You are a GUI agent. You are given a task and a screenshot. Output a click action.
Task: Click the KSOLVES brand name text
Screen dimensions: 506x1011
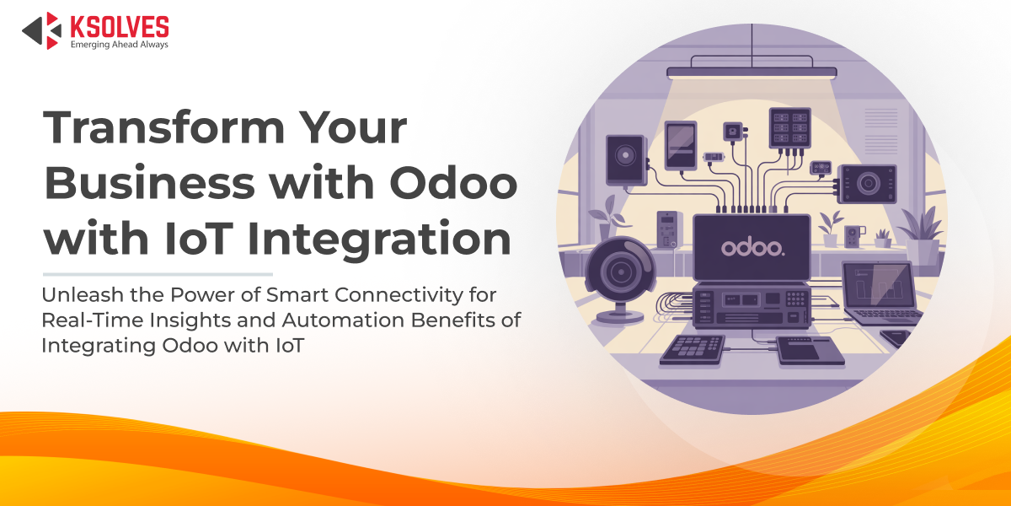(x=119, y=25)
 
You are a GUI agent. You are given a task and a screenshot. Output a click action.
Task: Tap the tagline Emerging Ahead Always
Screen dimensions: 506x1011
(x=119, y=44)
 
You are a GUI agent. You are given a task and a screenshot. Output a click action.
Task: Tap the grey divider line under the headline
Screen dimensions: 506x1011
(x=158, y=274)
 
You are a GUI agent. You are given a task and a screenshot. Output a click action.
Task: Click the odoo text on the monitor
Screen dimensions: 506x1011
(x=752, y=248)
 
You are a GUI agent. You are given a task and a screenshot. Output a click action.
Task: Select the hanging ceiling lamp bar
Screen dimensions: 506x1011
(x=752, y=73)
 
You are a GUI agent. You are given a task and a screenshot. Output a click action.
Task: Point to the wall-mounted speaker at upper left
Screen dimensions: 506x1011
(x=624, y=159)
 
